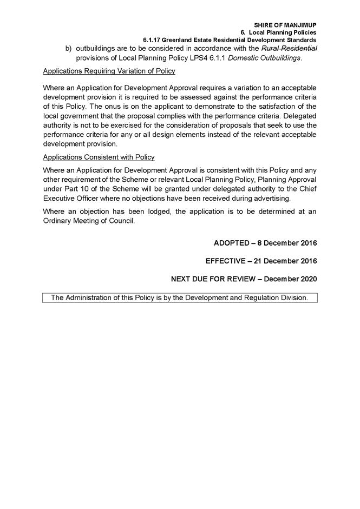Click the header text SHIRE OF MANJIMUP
pos(285,25)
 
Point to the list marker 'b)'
pos(69,48)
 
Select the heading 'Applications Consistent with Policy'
pos(99,157)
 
